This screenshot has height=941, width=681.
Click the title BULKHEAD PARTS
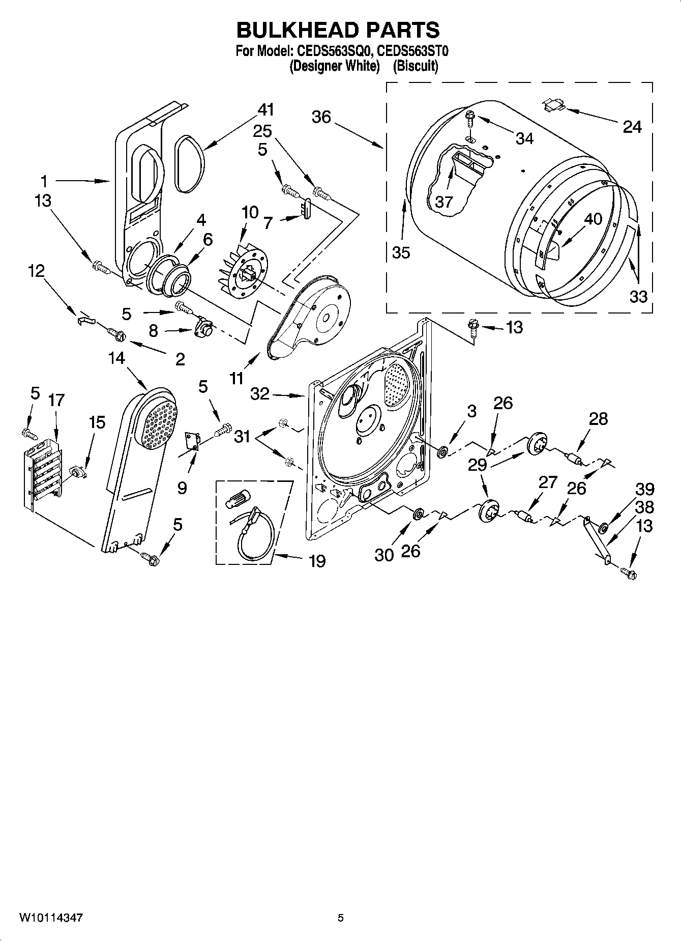pyautogui.click(x=338, y=30)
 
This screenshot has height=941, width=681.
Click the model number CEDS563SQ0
pyautogui.click(x=334, y=51)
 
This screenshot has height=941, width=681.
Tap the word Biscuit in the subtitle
pyautogui.click(x=415, y=66)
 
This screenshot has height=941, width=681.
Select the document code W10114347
pyautogui.click(x=51, y=918)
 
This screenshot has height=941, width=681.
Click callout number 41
pyautogui.click(x=265, y=109)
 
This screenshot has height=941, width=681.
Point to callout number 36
pyautogui.click(x=321, y=118)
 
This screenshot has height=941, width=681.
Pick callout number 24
pyautogui.click(x=632, y=127)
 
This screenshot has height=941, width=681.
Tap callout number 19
pyautogui.click(x=317, y=561)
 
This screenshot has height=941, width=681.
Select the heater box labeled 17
pyautogui.click(x=44, y=471)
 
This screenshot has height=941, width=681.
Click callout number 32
pyautogui.click(x=260, y=393)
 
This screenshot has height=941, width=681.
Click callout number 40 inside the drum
pyautogui.click(x=593, y=219)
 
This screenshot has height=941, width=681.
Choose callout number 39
pyautogui.click(x=645, y=489)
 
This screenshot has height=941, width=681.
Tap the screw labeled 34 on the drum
pyautogui.click(x=468, y=119)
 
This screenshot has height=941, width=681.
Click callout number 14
pyautogui.click(x=116, y=358)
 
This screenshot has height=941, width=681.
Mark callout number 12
pyautogui.click(x=36, y=271)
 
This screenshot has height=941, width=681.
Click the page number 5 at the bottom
pyautogui.click(x=341, y=918)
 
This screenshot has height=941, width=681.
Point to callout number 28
pyautogui.click(x=598, y=419)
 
